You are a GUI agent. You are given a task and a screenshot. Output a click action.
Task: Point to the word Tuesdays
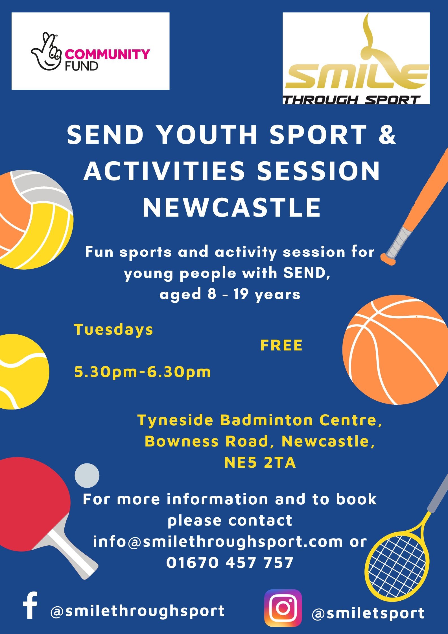tap(113, 330)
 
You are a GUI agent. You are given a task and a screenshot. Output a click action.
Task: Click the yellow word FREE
tap(281, 345)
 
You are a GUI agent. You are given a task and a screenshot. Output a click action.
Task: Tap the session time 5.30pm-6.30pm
tap(143, 372)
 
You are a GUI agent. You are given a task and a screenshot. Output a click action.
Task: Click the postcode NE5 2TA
tap(260, 463)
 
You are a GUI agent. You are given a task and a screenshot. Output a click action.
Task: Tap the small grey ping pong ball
tap(87, 475)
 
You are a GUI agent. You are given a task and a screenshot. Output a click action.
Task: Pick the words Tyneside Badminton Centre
tap(260, 420)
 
